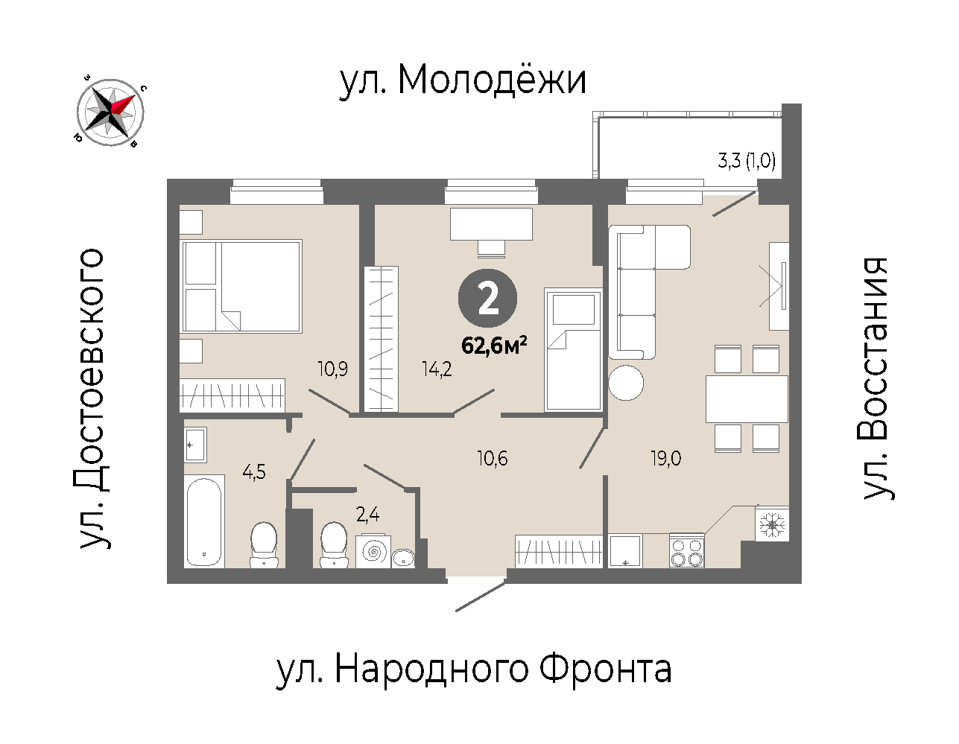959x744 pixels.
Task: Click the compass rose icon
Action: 110,112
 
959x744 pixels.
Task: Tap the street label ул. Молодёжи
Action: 463,81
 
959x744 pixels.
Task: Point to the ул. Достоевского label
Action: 92,398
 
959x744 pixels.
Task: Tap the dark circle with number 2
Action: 487,298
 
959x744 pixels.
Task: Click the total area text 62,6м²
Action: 494,346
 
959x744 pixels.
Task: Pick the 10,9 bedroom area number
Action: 333,369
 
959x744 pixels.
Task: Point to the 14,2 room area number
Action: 437,369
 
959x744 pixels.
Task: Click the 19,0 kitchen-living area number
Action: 666,459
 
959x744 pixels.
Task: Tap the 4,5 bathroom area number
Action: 254,472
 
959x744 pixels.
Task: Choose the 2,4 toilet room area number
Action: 367,515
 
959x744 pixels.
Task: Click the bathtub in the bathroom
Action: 204,521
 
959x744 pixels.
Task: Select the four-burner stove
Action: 687,550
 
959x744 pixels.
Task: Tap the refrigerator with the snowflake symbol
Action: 772,524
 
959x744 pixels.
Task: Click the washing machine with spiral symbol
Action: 373,551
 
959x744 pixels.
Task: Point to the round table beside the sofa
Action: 626,383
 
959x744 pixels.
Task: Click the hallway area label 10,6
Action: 493,459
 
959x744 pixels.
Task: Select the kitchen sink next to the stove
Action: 625,551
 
